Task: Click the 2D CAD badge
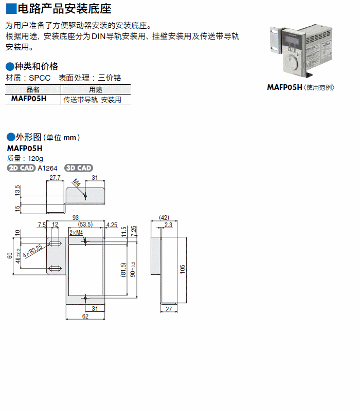pyautogui.click(x=21, y=168)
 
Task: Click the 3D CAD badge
pyautogui.click(x=79, y=168)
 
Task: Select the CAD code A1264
pyautogui.click(x=48, y=168)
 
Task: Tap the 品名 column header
pyautogui.click(x=32, y=89)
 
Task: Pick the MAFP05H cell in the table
pyautogui.click(x=29, y=99)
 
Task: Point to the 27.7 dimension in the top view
pyautogui.click(x=55, y=178)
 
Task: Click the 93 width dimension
pyautogui.click(x=76, y=218)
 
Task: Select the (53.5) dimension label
pyautogui.click(x=85, y=225)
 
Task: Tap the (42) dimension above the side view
pyautogui.click(x=164, y=217)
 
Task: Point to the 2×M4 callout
pyautogui.click(x=76, y=233)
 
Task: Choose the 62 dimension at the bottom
pyautogui.click(x=85, y=316)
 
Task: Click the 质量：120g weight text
pyautogui.click(x=25, y=158)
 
